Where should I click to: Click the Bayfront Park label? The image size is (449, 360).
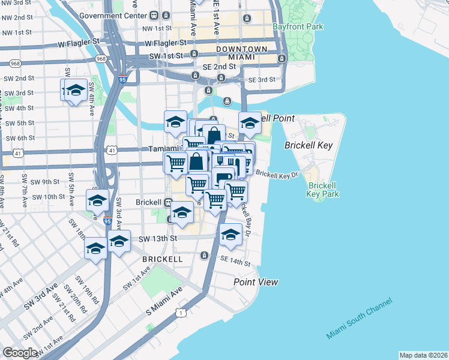[298, 27]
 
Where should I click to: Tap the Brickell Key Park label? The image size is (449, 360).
[322, 190]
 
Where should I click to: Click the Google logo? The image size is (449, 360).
[20, 353]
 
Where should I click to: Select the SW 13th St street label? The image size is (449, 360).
[158, 238]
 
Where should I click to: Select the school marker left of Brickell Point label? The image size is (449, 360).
[250, 123]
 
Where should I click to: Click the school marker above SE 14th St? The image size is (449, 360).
[231, 235]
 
